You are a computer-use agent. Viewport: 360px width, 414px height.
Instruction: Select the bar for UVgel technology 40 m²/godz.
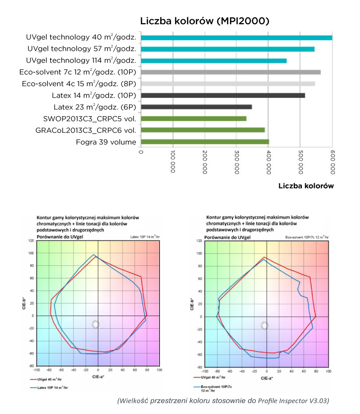[236, 37]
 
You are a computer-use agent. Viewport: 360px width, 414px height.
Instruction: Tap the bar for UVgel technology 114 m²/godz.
[214, 61]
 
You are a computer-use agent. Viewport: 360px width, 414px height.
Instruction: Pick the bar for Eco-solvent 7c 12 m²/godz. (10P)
[230, 72]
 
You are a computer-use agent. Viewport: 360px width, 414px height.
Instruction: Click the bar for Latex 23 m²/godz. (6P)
[196, 106]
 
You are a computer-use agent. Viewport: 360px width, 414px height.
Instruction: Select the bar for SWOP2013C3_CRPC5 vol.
[194, 118]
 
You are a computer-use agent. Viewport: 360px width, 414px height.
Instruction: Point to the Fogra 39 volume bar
[205, 142]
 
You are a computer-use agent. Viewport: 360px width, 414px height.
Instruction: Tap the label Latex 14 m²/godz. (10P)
[94, 96]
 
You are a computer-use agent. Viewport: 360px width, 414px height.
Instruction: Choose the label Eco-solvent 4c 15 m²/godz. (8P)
[79, 84]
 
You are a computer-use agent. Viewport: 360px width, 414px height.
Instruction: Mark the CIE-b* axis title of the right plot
[192, 304]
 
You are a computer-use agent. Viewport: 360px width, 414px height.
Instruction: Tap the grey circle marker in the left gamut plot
[96, 324]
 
